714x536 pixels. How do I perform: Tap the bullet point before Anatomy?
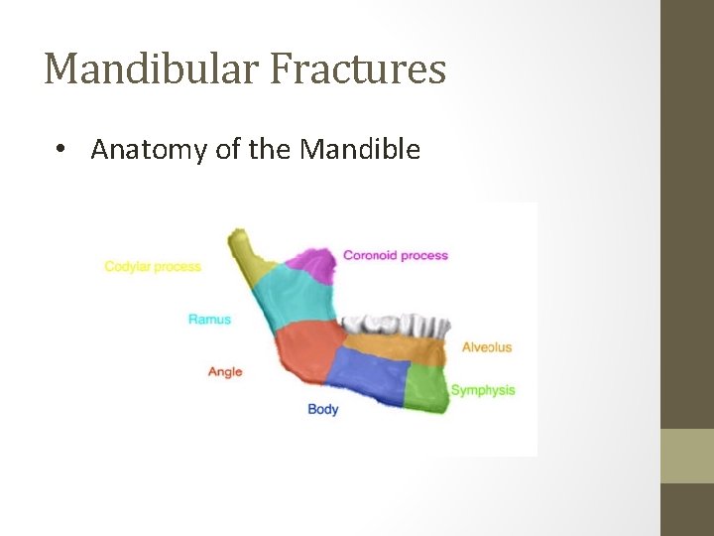coord(61,150)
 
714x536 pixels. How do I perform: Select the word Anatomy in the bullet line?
coord(139,150)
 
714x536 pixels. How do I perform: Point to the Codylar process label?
coord(153,266)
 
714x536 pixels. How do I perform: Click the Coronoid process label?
coord(395,255)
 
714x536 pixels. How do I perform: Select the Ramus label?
coord(209,319)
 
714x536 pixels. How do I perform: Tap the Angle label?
coord(225,371)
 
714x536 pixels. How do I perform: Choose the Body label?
coord(322,409)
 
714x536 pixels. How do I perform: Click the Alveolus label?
coord(487,346)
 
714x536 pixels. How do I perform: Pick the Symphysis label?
coord(483,390)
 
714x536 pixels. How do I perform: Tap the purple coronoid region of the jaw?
coord(314,264)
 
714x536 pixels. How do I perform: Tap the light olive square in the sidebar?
coord(686,456)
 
